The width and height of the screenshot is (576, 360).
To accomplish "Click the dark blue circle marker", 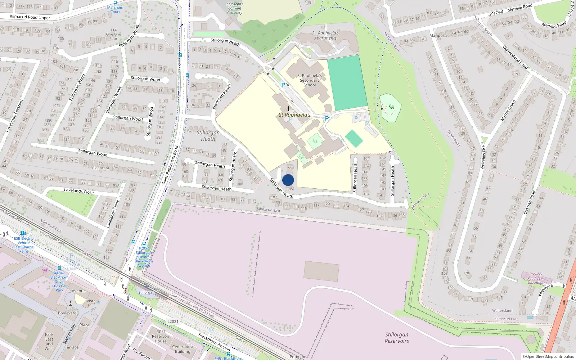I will pos(288,180).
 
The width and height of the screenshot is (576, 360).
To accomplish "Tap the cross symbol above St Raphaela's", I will pos(289,108).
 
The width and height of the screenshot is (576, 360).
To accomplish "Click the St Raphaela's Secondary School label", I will pos(310,80).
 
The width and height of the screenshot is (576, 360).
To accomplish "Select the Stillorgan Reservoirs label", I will pos(397,338).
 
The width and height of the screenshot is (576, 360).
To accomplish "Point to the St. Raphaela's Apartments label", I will pos(325,35).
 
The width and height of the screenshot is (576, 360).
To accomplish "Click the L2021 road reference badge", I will pos(173,321).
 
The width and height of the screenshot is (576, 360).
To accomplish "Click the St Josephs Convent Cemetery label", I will pos(235,8).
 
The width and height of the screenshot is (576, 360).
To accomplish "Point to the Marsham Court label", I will pos(115,9).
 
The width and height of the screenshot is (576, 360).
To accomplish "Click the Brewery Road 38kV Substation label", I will pos(536,278).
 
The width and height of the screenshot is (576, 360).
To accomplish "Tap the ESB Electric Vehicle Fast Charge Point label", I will pos(24,245).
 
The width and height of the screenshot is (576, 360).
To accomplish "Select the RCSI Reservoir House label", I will pos(161,336).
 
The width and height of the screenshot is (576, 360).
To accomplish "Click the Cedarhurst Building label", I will pos(183,349).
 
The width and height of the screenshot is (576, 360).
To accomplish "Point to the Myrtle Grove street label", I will pos(508,111).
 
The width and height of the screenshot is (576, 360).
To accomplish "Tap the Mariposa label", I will pos(438,35).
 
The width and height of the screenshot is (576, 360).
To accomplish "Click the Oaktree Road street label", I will pos(530,202).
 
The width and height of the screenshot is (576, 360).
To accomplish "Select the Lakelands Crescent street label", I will pos(15,116).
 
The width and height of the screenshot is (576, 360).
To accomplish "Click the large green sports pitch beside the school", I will pos(347,83).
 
